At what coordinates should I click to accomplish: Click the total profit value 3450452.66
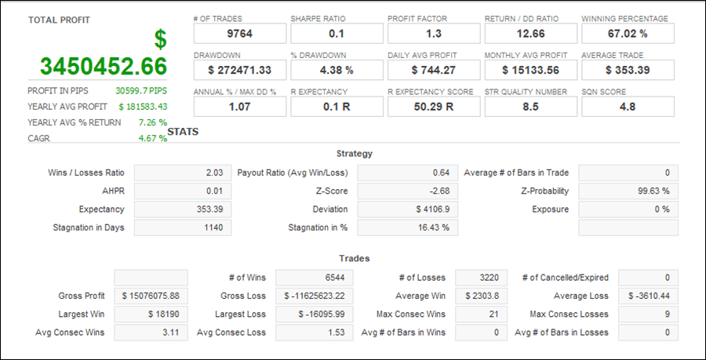pyautogui.click(x=104, y=66)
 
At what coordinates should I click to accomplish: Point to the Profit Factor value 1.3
pyautogui.click(x=433, y=34)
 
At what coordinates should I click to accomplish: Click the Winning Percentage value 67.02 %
pyautogui.click(x=627, y=34)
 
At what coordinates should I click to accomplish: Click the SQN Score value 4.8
pyautogui.click(x=627, y=107)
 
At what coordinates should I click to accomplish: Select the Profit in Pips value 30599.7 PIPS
pyautogui.click(x=141, y=90)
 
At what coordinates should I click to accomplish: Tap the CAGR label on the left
pyautogui.click(x=38, y=139)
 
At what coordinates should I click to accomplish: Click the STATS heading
pyautogui.click(x=183, y=132)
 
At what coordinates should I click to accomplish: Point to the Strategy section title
pyautogui.click(x=354, y=154)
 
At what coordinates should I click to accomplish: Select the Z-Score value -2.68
pyautogui.click(x=407, y=191)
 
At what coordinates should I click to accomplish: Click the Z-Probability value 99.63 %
pyautogui.click(x=628, y=191)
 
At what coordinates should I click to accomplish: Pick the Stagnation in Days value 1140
pyautogui.click(x=184, y=227)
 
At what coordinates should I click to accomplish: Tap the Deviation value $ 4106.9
pyautogui.click(x=407, y=209)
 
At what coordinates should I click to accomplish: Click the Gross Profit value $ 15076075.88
pyautogui.click(x=151, y=296)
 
